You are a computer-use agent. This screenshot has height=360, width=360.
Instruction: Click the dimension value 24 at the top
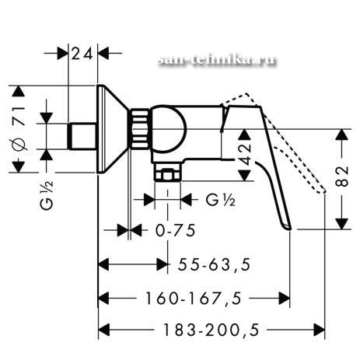82,54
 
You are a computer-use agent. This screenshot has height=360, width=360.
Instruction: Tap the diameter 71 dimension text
20,128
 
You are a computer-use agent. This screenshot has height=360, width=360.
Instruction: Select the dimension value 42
245,155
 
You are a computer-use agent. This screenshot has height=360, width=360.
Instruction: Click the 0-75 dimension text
175,230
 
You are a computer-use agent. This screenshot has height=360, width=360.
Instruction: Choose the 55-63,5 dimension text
214,264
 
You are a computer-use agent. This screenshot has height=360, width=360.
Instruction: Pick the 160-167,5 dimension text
193,298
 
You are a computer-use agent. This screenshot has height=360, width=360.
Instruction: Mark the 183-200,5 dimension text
211,330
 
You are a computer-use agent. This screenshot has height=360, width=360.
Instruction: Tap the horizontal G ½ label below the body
221,200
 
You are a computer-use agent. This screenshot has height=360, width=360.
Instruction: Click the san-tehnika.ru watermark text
217,61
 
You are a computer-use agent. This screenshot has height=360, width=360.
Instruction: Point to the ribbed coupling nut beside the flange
140,129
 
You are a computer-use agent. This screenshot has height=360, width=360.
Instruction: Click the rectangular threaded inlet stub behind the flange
82,136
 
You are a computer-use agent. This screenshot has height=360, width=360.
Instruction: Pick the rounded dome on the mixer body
169,129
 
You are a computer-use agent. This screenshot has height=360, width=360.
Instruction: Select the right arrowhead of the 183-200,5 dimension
319,330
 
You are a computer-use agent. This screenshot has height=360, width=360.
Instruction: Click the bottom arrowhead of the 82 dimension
342,223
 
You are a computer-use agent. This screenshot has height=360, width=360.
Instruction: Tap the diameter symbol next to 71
20,145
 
